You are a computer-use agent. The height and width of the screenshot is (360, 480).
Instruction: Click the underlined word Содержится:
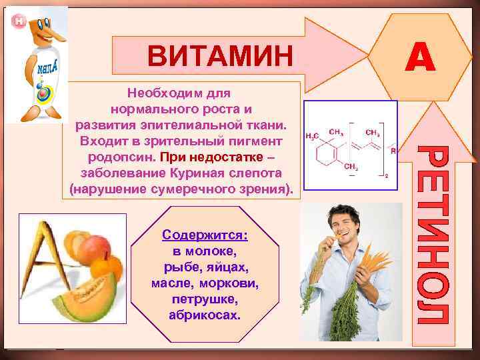tap(205, 236)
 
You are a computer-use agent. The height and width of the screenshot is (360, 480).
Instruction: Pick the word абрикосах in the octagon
tap(205, 313)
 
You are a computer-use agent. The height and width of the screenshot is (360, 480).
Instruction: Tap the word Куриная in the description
tap(200, 173)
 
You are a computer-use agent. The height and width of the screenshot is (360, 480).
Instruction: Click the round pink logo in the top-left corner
tap(18, 21)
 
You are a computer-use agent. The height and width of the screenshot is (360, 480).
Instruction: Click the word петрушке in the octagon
tap(205, 298)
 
